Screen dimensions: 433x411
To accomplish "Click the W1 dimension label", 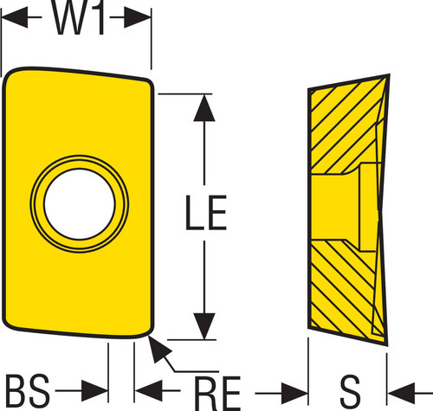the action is pos(78,18).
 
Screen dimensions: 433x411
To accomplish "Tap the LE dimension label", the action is pos(206,213).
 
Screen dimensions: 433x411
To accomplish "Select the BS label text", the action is pos(28,391).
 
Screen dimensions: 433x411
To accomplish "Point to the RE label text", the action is pos(217,393).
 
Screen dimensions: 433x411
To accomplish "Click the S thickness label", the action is pos(350,392).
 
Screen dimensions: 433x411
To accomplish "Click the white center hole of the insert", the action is pos(80,204).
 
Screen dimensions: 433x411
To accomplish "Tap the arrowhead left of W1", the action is pos(15,17).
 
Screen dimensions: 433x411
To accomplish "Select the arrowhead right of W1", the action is pos(138,17).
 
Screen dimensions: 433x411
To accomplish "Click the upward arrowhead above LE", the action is pos(204,108).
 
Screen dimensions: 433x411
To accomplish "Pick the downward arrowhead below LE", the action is pos(204,326).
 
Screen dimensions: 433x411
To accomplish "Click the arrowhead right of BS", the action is pos(94,391).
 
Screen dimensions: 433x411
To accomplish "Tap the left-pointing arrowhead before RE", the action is pos(148,391).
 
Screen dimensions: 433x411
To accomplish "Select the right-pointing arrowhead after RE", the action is pos(294,393).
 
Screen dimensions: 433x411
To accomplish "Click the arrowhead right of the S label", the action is pos(401,393).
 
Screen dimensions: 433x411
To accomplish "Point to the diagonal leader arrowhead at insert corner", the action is pos(158,348).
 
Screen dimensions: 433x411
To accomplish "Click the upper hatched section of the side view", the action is pos(346,127).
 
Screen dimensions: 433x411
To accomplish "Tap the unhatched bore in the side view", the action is pos(344,207).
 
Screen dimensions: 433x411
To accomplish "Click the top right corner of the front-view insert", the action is pos(150,81).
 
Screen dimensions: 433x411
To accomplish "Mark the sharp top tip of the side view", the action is pos(389,75).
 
